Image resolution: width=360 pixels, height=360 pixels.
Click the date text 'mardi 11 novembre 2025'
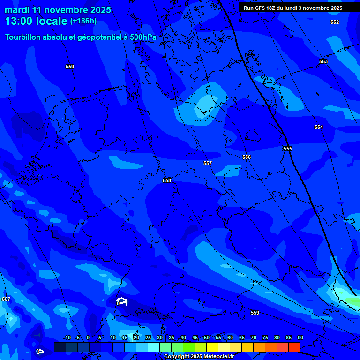point(58,10)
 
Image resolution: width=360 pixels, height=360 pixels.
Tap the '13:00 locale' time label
point(37,21)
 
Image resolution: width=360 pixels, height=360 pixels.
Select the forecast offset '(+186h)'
point(83,21)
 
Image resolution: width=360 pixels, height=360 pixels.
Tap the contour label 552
point(335,22)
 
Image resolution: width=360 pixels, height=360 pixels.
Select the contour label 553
point(323,61)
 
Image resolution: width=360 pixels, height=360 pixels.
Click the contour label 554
point(319,127)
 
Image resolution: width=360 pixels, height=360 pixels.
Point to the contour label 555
point(288,149)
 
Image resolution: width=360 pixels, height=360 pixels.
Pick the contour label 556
point(247,157)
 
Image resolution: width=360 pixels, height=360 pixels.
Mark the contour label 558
point(167,180)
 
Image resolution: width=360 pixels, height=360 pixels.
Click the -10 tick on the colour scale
point(67,338)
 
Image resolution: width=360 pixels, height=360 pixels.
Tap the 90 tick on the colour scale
point(300,338)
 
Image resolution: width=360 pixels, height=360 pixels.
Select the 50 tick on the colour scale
point(207,338)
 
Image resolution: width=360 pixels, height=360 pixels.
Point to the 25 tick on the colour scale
point(148,338)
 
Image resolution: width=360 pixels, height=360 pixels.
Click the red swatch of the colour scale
point(294,347)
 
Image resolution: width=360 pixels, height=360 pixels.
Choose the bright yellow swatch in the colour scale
point(212,347)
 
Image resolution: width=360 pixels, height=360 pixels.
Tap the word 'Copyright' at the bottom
point(177,357)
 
